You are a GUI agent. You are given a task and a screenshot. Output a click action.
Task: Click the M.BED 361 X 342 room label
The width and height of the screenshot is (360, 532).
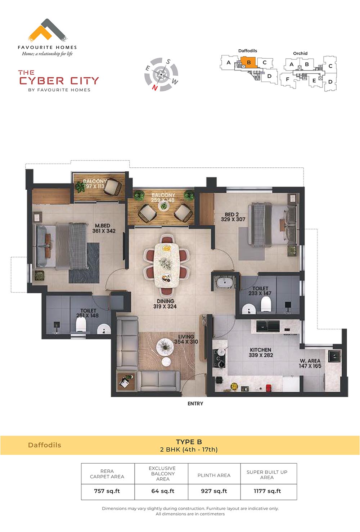[104, 228]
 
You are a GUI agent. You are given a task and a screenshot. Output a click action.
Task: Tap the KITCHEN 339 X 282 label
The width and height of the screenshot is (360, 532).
[261, 352]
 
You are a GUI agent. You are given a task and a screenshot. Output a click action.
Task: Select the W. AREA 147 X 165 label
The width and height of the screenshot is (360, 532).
[310, 364]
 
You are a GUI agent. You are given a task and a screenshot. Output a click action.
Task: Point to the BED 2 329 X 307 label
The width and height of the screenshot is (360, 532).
[233, 217]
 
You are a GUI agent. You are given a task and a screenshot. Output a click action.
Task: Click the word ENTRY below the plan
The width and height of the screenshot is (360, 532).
[195, 403]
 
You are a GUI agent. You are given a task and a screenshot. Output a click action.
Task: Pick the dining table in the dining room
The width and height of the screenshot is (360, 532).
[166, 265]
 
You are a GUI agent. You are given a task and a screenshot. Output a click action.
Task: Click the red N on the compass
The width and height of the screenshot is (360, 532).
[155, 88]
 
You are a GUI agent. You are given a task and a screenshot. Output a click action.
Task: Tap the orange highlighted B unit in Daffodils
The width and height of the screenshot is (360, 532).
[249, 63]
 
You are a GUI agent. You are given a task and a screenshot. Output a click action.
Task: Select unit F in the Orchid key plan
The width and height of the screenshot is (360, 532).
[287, 79]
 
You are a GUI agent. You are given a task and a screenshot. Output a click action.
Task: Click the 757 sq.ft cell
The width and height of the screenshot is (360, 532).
[107, 491]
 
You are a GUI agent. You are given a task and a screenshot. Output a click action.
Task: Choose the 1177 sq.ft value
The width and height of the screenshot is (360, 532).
[267, 491]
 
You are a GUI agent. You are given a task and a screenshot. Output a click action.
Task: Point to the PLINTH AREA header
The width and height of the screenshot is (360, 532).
[214, 475]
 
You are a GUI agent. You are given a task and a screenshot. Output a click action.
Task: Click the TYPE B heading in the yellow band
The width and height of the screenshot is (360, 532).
[189, 442]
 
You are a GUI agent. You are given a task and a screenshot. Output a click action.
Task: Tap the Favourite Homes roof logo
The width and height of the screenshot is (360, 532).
[47, 30]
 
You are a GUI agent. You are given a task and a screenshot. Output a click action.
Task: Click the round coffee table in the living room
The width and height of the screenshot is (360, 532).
[165, 347]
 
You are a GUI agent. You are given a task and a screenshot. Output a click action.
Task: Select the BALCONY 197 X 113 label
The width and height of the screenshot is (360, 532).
[95, 184]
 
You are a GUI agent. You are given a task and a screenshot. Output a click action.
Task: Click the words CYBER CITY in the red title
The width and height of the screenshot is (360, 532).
[59, 81]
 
